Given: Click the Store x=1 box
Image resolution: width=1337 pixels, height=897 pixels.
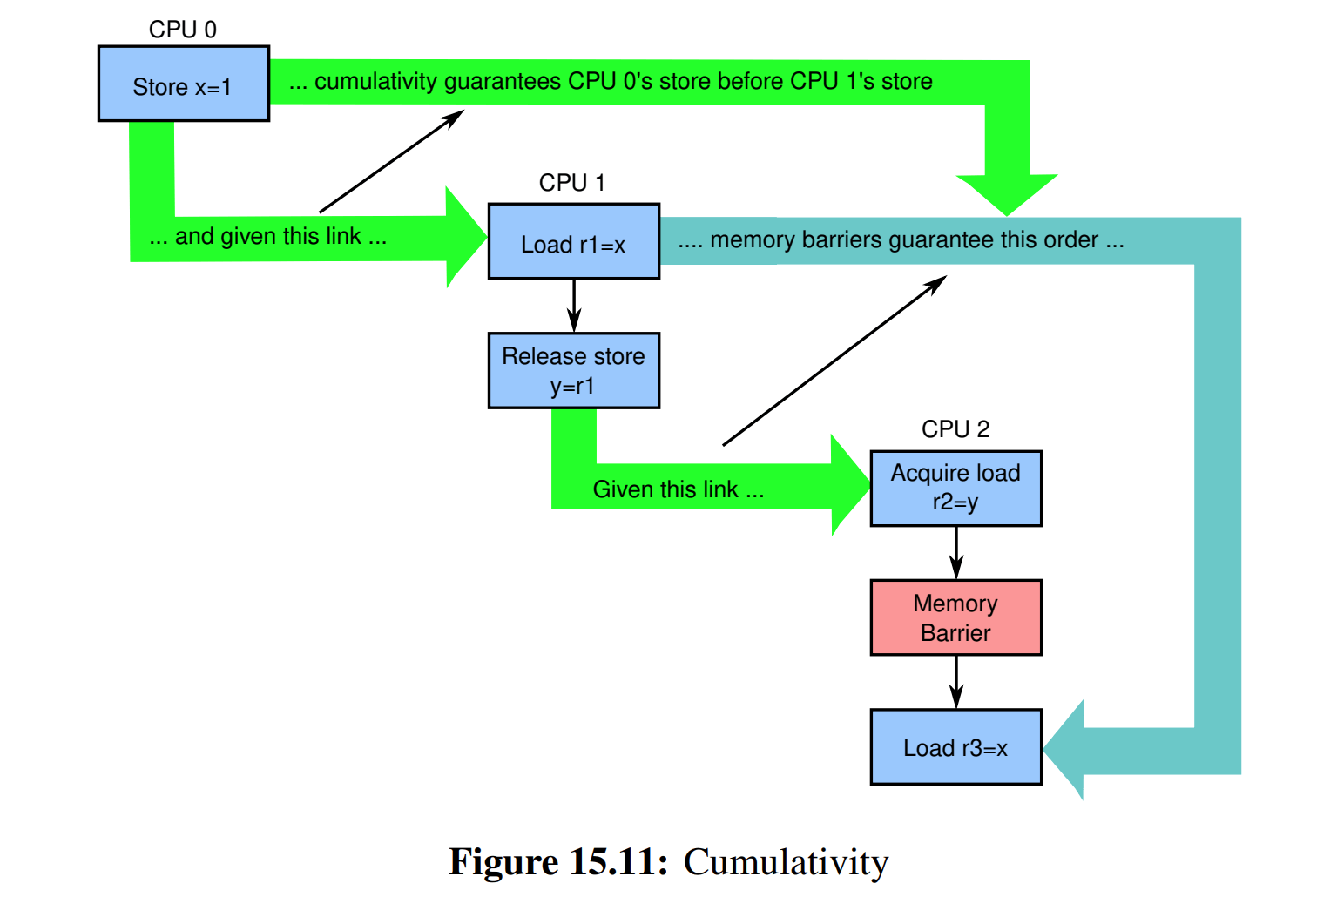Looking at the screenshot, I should tap(183, 84).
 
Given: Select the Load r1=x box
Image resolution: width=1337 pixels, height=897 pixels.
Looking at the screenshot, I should tap(573, 241).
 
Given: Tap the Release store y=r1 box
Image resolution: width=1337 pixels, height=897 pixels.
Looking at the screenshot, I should tap(573, 370).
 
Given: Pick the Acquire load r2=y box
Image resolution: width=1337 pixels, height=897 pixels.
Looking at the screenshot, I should tap(955, 488).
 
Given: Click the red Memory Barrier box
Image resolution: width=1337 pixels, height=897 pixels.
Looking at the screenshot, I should tap(955, 617).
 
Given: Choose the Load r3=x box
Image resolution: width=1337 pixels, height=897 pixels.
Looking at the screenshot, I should tap(955, 747).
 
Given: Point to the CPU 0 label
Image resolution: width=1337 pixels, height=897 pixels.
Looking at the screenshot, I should tap(183, 30).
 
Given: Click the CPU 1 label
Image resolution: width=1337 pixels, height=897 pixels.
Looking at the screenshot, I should tap(571, 183).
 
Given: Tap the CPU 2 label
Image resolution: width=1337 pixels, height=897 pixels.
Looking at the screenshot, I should tap(955, 429).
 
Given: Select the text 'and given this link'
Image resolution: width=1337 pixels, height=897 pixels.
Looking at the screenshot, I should tap(268, 237).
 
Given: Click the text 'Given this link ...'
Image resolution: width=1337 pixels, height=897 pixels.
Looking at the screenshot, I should tap(678, 489).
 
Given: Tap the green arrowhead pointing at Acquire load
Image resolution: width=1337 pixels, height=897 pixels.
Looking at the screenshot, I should tap(850, 485).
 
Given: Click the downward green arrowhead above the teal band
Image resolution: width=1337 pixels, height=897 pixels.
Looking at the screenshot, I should tap(1007, 192).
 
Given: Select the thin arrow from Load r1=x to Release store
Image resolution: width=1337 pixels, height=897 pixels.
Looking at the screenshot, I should tap(573, 306).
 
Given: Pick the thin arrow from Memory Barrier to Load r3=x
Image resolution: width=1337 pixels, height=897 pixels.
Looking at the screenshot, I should tap(955, 682).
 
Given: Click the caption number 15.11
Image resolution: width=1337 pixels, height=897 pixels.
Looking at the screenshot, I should tap(618, 862).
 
